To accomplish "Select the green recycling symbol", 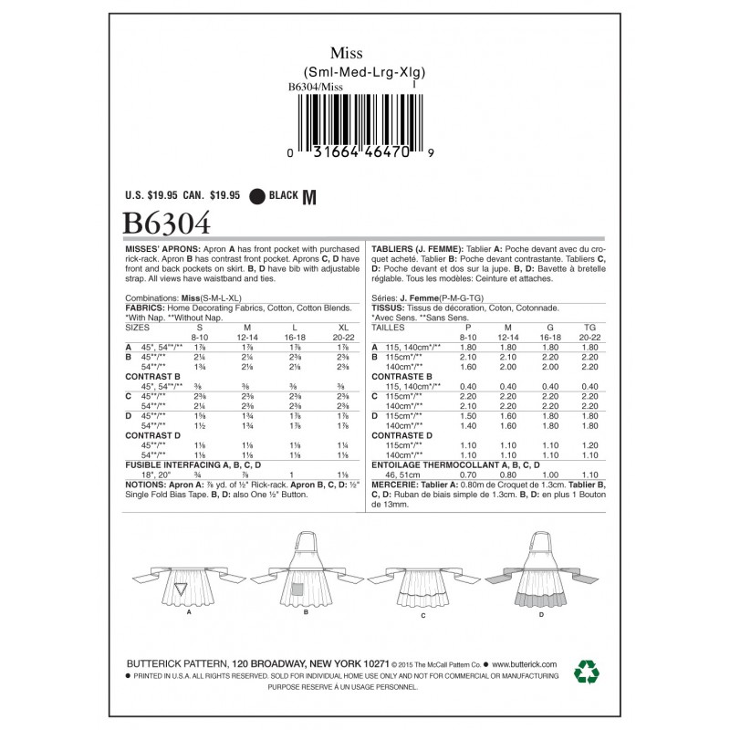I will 586,673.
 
